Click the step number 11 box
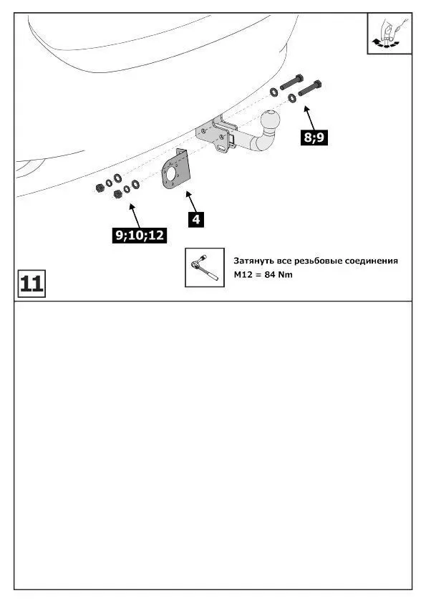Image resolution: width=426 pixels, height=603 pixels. [x=32, y=284]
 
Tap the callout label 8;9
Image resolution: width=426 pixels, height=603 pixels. [x=314, y=138]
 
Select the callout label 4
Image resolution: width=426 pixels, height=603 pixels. [x=196, y=219]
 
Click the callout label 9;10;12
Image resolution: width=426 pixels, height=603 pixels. [x=139, y=235]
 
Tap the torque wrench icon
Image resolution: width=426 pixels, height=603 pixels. [x=205, y=267]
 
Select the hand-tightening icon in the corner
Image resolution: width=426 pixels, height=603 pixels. [x=389, y=34]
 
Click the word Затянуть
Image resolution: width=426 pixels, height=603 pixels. [x=253, y=261]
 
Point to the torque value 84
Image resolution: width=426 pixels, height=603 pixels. [x=269, y=275]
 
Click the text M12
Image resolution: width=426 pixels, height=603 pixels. [x=243, y=275]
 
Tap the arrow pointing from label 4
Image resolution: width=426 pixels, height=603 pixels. [x=191, y=201]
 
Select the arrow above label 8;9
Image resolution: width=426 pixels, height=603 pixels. [x=309, y=118]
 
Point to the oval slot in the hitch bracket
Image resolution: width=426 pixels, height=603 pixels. [x=222, y=148]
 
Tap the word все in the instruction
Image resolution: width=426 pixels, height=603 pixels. [x=284, y=261]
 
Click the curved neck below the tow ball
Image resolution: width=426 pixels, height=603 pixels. [x=263, y=139]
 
